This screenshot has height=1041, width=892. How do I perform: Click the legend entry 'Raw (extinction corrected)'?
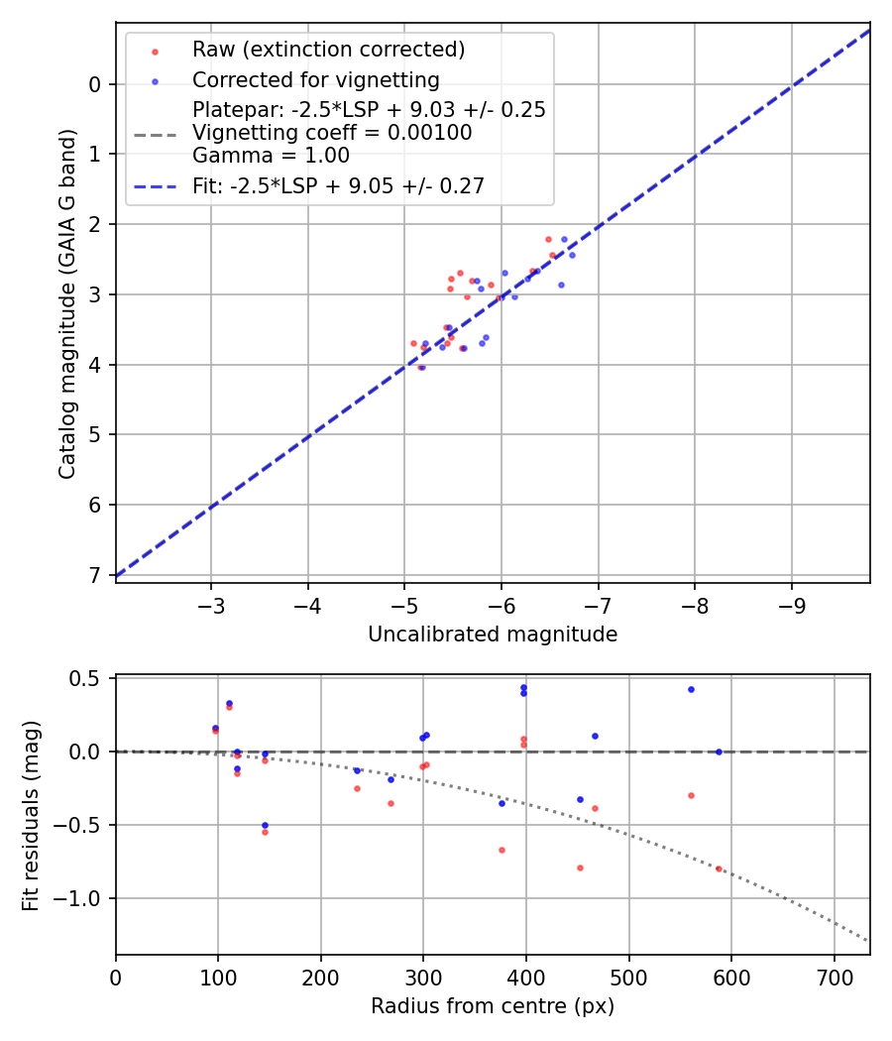point(328,50)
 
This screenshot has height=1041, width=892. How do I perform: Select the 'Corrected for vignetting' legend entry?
point(316,79)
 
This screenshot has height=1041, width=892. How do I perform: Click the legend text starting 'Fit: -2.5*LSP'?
point(338,186)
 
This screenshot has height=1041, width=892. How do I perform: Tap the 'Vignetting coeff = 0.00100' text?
point(332,133)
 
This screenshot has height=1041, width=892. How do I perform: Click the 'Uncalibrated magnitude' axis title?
point(493,635)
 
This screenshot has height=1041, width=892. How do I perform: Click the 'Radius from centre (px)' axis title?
point(493,1006)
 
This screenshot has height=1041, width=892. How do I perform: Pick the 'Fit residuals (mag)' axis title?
point(32,815)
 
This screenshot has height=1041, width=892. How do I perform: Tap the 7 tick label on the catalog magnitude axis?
point(95,575)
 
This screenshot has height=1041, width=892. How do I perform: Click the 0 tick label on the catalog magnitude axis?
point(95,84)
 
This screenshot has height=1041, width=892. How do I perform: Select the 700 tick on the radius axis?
point(834,977)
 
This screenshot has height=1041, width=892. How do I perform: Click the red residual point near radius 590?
point(719,868)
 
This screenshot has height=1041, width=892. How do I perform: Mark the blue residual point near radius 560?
point(691,689)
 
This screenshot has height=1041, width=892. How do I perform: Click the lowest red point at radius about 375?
point(502,850)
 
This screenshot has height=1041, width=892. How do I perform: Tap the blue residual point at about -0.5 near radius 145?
point(265,825)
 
